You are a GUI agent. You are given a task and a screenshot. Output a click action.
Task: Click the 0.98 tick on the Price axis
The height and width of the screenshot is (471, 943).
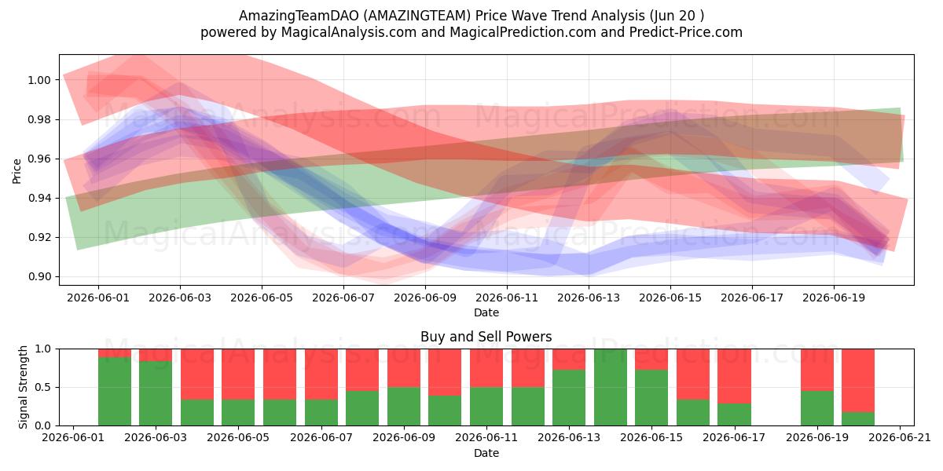pos(39,120)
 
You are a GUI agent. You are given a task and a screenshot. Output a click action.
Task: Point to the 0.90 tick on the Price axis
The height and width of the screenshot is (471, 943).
pos(39,276)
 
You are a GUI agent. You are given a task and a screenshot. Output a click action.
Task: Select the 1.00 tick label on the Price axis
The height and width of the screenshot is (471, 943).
pos(39,80)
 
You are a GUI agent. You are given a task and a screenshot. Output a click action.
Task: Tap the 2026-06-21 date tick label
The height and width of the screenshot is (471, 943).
pos(900,438)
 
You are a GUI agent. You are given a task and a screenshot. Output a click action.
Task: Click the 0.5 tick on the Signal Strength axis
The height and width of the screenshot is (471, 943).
pos(43,387)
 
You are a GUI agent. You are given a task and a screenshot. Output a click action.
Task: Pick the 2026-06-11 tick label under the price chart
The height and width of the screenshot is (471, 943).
pos(507,298)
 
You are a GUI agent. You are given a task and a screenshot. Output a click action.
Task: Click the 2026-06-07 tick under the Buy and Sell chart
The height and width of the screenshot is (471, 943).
pos(321,438)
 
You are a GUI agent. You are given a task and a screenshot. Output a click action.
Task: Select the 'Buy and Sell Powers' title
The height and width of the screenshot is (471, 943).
pos(486,337)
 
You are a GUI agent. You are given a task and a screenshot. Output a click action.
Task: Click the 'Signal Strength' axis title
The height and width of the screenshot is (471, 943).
pos(23,387)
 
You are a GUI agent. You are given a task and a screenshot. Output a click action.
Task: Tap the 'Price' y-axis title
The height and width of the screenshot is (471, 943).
pos(17,171)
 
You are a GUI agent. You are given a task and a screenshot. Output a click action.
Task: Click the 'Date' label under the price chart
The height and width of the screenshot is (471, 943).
pos(486,313)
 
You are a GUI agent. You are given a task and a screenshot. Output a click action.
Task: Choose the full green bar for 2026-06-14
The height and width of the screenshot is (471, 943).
pos(611,387)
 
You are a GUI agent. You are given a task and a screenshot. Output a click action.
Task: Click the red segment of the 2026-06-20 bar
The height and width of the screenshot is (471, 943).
pos(858,381)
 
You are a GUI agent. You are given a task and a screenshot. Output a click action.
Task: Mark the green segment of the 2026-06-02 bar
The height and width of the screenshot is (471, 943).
pos(115,392)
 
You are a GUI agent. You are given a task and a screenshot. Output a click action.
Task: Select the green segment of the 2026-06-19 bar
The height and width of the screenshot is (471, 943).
pos(817,408)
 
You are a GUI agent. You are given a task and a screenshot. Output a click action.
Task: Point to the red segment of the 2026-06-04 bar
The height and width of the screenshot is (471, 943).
pos(197,374)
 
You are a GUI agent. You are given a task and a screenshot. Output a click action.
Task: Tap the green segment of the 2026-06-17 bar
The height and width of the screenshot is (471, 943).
pos(735,414)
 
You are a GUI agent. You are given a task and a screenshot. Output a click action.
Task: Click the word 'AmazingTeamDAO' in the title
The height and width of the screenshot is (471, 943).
pos(299,16)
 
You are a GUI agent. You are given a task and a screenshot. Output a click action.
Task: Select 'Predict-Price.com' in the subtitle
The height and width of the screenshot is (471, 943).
pos(686,32)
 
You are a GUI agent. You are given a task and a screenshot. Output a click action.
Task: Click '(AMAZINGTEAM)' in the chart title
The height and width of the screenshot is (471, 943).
pos(416,16)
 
